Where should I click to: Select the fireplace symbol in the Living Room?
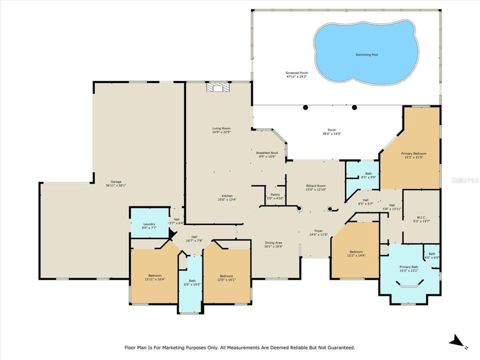coord(217,87)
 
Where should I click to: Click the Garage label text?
coord(116,183)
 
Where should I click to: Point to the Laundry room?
coord(149,225)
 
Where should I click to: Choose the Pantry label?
coord(274,196)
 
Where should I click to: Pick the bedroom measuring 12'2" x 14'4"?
coord(356,253)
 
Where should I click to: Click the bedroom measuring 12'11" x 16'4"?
coord(154,277)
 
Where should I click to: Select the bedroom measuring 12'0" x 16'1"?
coord(226,277)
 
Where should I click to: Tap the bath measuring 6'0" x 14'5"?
coord(192,283)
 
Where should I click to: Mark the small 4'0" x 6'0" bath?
coord(431,255)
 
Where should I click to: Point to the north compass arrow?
coord(456,341)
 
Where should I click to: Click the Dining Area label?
coord(273,244)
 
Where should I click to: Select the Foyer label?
coord(317,232)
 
